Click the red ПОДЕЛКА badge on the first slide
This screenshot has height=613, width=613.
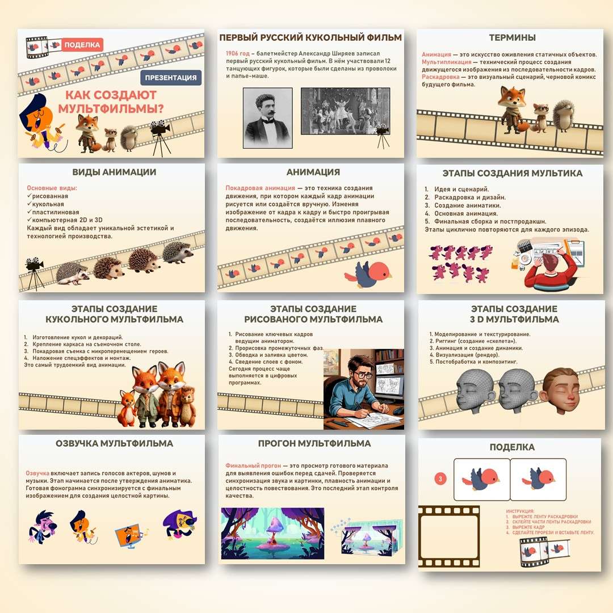point(82,45)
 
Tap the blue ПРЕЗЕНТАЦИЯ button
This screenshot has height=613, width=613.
point(171,78)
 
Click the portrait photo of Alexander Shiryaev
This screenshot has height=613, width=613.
point(267,117)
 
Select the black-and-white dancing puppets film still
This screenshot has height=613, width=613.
point(345,111)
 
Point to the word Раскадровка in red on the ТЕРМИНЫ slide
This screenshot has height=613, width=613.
point(440,77)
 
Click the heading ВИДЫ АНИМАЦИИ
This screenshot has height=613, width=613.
point(114,172)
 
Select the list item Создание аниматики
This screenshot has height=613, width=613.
point(468,205)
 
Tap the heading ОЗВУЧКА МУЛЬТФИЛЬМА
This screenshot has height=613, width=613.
point(114,443)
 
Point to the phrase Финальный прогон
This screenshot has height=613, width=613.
point(247,465)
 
